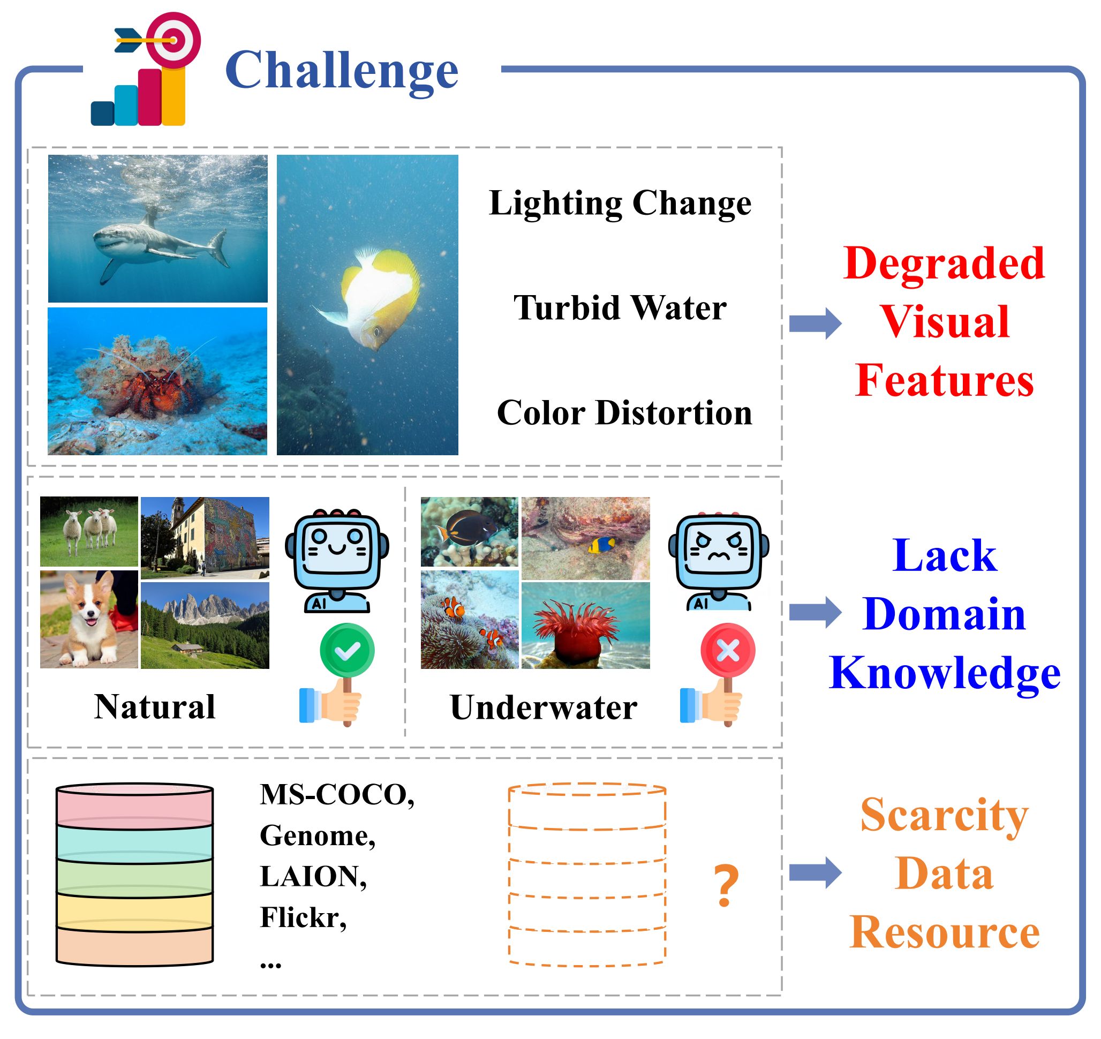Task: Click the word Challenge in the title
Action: [342, 71]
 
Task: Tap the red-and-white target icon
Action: [174, 40]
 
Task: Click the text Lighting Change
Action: [620, 204]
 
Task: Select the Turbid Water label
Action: [620, 308]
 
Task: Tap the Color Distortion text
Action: [625, 413]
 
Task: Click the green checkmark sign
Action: [347, 650]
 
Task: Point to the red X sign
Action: [728, 650]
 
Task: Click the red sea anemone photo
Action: [586, 626]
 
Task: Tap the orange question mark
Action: [726, 886]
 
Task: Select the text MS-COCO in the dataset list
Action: [335, 795]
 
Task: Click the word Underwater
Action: [544, 708]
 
